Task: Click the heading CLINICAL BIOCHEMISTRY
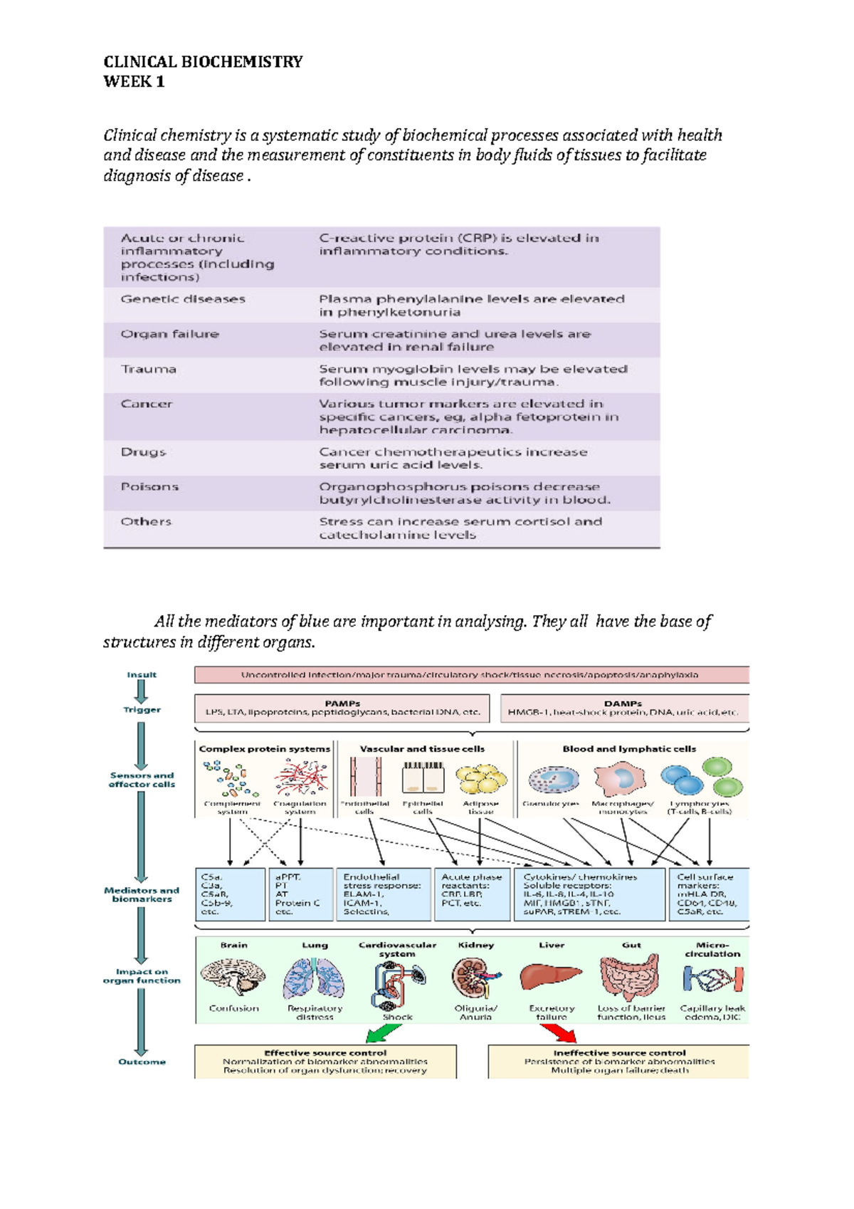[x=203, y=62]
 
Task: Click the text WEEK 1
[x=134, y=82]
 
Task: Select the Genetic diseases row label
[x=183, y=299]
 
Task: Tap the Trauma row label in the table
[x=148, y=369]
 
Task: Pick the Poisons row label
[x=149, y=487]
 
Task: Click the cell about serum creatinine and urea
[x=454, y=340]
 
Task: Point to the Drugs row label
[x=143, y=452]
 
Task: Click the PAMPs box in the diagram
[x=342, y=708]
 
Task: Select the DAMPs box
[x=623, y=708]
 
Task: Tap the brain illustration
[x=233, y=977]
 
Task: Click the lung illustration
[x=314, y=978]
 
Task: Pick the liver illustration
[x=550, y=976]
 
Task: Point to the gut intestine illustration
[x=630, y=977]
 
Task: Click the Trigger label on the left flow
[x=142, y=710]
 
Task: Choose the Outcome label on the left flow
[x=142, y=1062]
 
